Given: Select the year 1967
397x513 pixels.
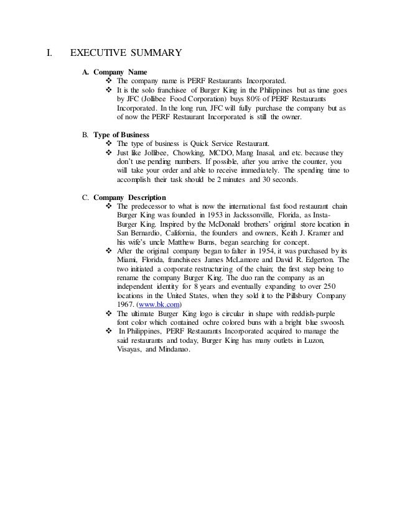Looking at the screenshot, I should click(126, 306).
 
